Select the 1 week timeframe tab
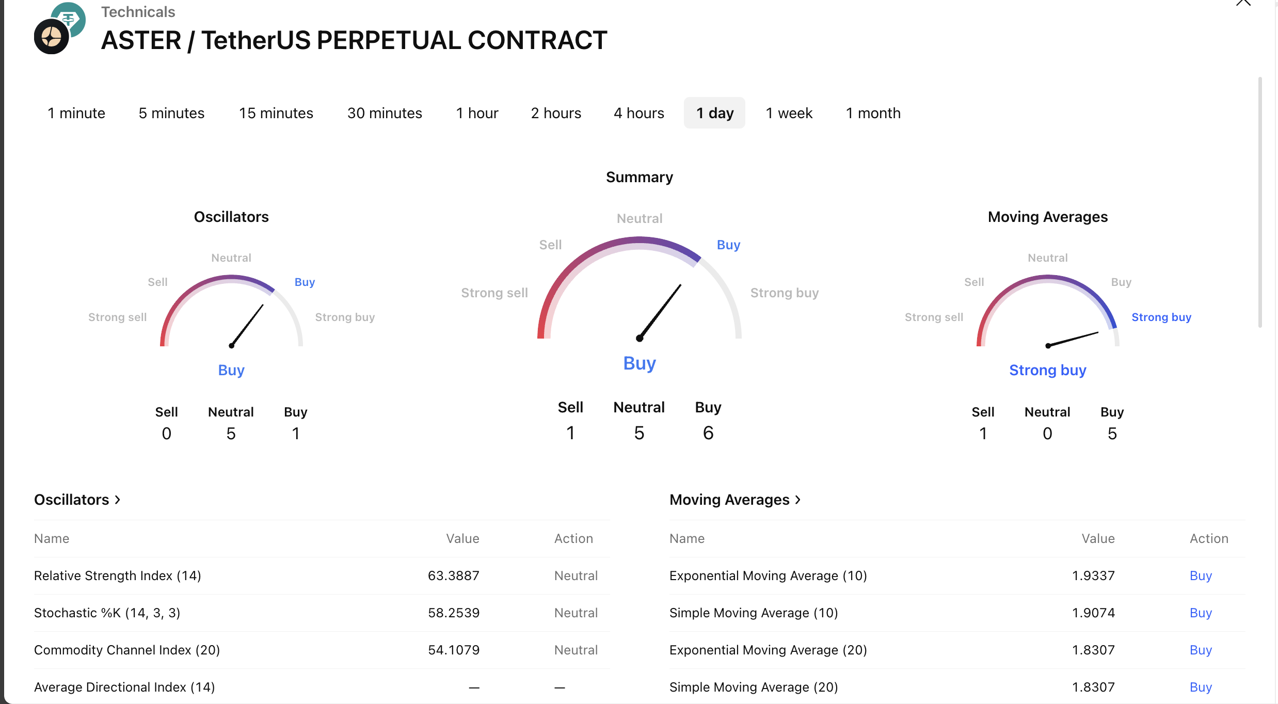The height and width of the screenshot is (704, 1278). [x=789, y=113]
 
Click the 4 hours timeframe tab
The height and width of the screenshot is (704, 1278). [x=638, y=113]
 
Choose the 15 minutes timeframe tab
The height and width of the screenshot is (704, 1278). [x=276, y=113]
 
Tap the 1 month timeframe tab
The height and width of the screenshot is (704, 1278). [x=873, y=113]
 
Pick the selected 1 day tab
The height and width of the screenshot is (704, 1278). [x=714, y=113]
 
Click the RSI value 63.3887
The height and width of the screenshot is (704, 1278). [x=453, y=575]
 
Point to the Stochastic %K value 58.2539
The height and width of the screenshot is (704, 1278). [x=453, y=613]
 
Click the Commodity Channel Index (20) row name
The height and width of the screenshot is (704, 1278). [x=127, y=650]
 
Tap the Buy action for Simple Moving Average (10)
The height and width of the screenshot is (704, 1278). [x=1201, y=613]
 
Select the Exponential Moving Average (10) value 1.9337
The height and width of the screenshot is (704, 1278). [x=1093, y=575]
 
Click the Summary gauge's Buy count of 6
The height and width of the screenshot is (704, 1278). [x=708, y=433]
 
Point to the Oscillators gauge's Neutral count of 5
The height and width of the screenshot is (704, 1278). [x=231, y=434]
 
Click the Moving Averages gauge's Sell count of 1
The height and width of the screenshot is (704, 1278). [x=983, y=434]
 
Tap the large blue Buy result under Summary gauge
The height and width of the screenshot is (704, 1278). [x=640, y=363]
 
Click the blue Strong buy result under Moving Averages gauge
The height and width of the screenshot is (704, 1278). [x=1048, y=370]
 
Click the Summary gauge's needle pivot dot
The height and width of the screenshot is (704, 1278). [x=640, y=339]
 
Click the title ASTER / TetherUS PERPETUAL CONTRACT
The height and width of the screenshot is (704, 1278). [x=354, y=40]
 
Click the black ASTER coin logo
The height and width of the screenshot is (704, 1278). [x=51, y=37]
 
